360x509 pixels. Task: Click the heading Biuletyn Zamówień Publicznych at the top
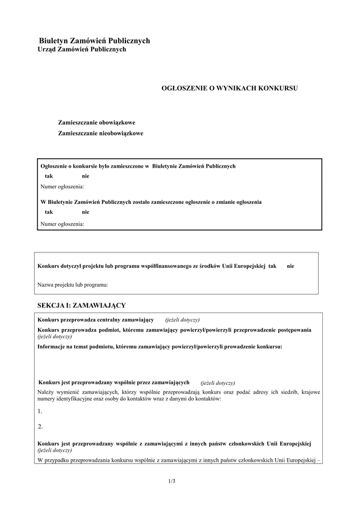click(94, 40)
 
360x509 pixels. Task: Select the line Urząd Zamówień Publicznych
click(82, 50)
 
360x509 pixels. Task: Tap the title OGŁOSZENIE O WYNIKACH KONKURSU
click(230, 88)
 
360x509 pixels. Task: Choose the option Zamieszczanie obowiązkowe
click(97, 122)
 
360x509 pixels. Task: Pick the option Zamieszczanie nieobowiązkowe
click(100, 133)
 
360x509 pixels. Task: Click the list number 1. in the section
click(40, 411)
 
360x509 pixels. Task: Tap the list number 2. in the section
click(40, 426)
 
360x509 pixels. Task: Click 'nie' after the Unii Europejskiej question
click(290, 265)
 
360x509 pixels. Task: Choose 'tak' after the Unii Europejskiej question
click(272, 265)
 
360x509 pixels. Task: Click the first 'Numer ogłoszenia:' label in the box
click(62, 187)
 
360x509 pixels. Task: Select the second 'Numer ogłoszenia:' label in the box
click(62, 224)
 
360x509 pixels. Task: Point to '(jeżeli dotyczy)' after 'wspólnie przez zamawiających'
click(218, 382)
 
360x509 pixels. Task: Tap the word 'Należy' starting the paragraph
click(46, 391)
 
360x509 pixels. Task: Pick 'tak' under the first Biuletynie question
click(49, 176)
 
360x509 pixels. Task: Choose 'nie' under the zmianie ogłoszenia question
click(86, 212)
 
